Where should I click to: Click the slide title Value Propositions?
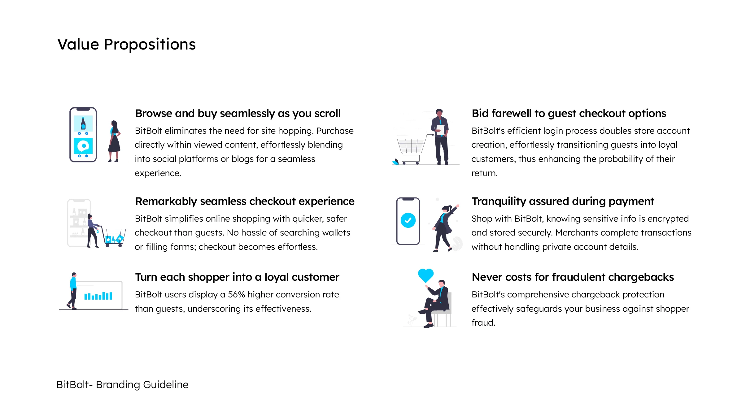(x=126, y=44)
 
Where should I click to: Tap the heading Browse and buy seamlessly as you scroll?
(x=238, y=114)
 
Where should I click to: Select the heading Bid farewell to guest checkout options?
(x=569, y=114)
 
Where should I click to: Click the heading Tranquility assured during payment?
(x=563, y=201)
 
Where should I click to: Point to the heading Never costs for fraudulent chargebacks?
(x=573, y=277)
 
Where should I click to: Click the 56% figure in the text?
(x=237, y=294)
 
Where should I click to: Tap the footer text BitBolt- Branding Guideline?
(x=122, y=384)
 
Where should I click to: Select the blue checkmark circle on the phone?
(x=408, y=220)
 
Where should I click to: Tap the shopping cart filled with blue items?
(x=113, y=237)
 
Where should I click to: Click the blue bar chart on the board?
(x=98, y=296)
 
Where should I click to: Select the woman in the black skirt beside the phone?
(x=114, y=141)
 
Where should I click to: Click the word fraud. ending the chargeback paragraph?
(x=483, y=323)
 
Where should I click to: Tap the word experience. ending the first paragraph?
(x=158, y=173)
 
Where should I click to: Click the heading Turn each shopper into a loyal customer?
(x=237, y=277)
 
